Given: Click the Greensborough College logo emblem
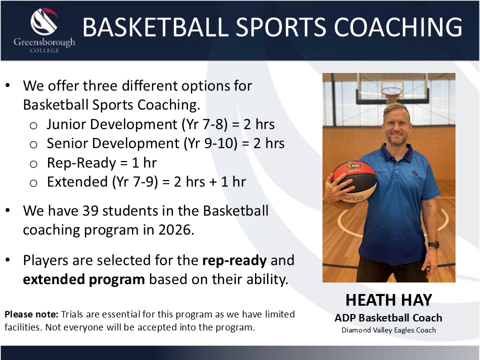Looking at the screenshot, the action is [44, 21].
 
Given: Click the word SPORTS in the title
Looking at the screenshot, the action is [281, 27].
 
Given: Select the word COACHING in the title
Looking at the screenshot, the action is [398, 27].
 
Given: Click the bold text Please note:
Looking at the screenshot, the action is [31, 314].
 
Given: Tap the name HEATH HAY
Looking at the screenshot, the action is [389, 300].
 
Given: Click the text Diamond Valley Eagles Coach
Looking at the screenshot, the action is [388, 330].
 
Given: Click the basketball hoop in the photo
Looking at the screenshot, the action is [392, 95].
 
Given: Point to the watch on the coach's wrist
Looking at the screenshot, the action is [434, 244].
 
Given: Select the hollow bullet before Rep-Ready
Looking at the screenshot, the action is [33, 164].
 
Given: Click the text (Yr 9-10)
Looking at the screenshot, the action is [210, 143].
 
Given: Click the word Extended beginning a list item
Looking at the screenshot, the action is [77, 182].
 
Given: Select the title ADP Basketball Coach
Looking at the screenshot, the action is [388, 318].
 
